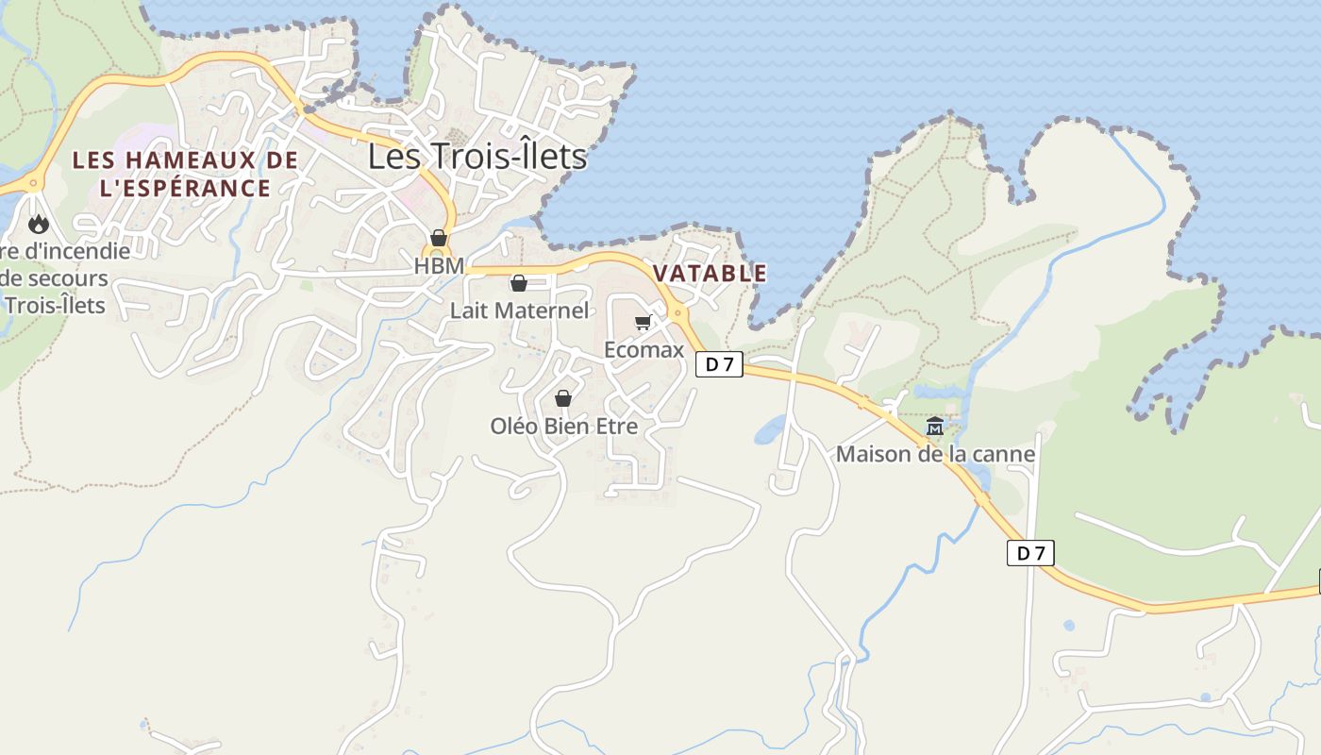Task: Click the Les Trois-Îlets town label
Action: (x=477, y=156)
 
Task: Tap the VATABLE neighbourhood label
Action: (x=710, y=274)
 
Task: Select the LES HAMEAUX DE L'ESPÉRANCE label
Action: (x=185, y=174)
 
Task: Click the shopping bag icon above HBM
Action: (x=439, y=238)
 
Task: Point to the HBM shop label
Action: (x=439, y=267)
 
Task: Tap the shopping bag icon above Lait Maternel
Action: (x=518, y=282)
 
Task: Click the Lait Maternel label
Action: (x=519, y=310)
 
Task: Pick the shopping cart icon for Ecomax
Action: (x=643, y=323)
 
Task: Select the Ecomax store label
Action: (x=644, y=350)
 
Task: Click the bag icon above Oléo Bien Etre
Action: (x=563, y=398)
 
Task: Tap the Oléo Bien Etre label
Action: (x=563, y=427)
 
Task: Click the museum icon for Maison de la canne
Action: (x=935, y=427)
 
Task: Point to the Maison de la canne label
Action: (x=935, y=455)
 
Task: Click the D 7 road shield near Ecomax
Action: (x=720, y=364)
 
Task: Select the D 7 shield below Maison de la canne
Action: (x=1029, y=553)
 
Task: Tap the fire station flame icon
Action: (x=38, y=224)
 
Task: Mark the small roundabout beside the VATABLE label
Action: (x=677, y=312)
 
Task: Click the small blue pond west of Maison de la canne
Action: (x=770, y=429)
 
